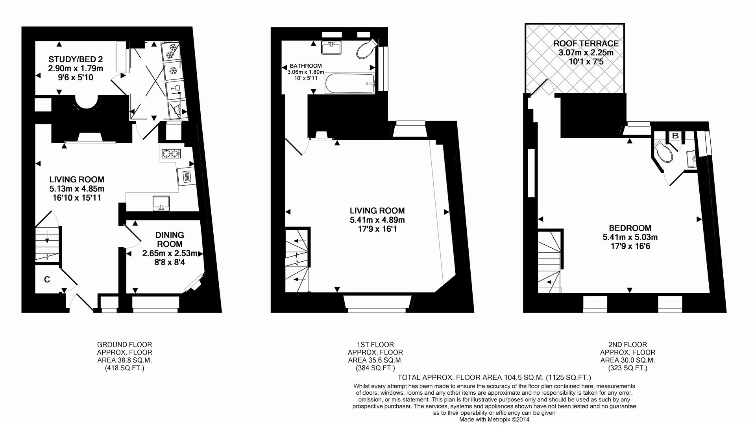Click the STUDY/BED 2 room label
[76, 59]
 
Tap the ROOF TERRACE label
[586, 43]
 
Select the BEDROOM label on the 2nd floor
[630, 228]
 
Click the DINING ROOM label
[170, 239]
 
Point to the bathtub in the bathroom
[350, 83]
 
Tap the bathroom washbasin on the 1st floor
[331, 48]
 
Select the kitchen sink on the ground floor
[161, 203]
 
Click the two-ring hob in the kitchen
[171, 153]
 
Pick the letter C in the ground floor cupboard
[47, 279]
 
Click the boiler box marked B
[675, 136]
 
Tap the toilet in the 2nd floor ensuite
[663, 152]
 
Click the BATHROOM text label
[305, 66]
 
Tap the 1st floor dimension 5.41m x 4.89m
[377, 220]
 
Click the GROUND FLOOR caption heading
[124, 344]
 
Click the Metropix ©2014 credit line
[494, 419]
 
